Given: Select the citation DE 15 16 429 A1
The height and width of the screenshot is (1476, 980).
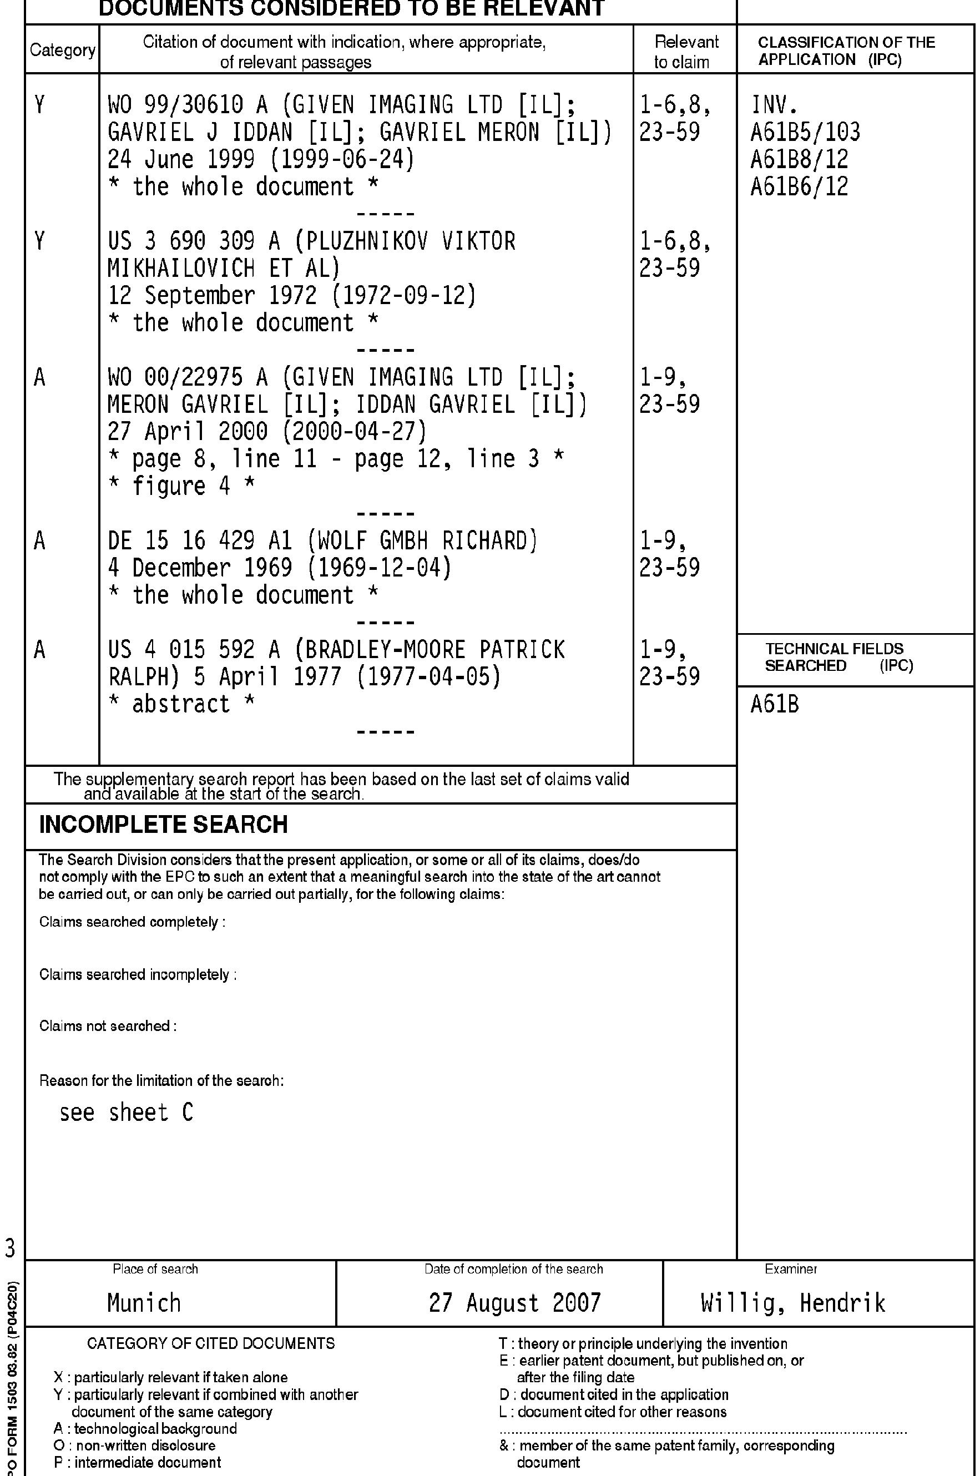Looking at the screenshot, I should pyautogui.click(x=200, y=541).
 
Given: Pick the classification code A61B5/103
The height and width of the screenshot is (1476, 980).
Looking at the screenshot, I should pyautogui.click(x=805, y=133).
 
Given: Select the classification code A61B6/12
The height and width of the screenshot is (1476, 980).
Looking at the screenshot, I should pyautogui.click(x=799, y=187).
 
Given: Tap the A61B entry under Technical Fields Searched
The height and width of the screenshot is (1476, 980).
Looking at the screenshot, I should pyautogui.click(x=774, y=705).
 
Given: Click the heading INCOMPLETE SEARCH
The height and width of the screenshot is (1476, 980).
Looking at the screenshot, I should pyautogui.click(x=163, y=824).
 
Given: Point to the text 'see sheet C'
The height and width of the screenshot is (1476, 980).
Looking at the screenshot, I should pyautogui.click(x=127, y=1113).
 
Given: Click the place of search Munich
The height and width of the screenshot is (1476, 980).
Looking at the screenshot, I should pyautogui.click(x=144, y=1303).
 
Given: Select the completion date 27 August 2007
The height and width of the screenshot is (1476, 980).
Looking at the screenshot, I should pyautogui.click(x=514, y=1303).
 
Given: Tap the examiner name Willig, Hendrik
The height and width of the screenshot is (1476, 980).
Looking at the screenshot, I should pyautogui.click(x=792, y=1303).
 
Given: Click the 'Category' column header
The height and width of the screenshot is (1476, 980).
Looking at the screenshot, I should pyautogui.click(x=63, y=50).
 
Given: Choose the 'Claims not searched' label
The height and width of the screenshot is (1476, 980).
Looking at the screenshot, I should pyautogui.click(x=108, y=1026).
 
